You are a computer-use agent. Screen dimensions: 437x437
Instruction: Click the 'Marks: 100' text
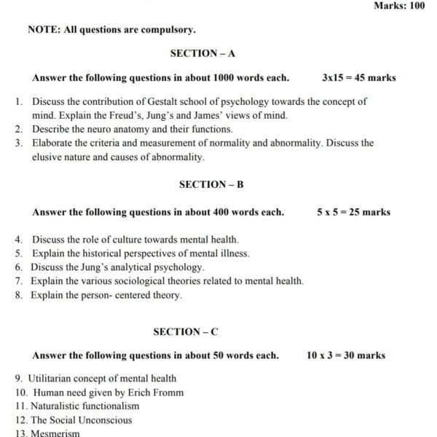pyautogui.click(x=398, y=6)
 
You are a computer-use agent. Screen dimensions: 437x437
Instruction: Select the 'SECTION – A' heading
pyautogui.click(x=202, y=53)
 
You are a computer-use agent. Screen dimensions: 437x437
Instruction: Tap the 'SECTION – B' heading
pyautogui.click(x=211, y=184)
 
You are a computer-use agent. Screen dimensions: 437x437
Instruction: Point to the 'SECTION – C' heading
pyautogui.click(x=186, y=331)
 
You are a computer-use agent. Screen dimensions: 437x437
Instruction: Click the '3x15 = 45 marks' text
pyautogui.click(x=359, y=77)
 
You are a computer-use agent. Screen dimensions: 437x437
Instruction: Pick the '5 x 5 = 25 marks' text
pyautogui.click(x=353, y=212)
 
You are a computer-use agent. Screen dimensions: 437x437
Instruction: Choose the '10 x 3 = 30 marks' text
pyautogui.click(x=346, y=355)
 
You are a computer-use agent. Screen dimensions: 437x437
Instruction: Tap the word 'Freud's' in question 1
pyautogui.click(x=119, y=115)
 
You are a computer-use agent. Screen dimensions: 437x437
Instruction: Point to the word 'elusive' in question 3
pyautogui.click(x=48, y=157)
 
